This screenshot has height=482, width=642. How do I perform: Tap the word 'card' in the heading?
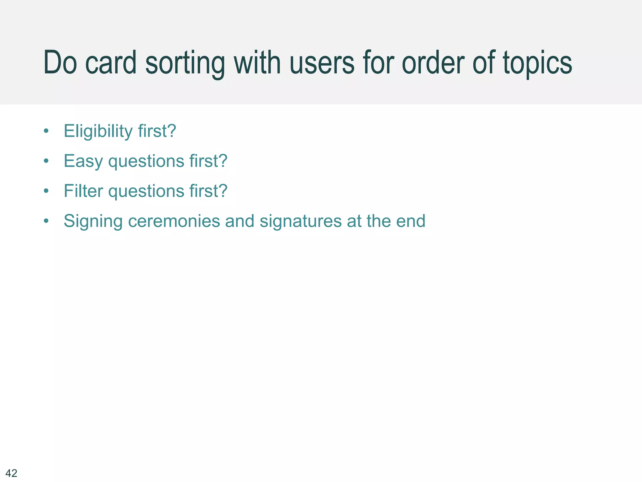pos(111,63)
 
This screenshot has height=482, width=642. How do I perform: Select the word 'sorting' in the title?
pos(185,64)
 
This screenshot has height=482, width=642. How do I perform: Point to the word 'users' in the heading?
pos(322,63)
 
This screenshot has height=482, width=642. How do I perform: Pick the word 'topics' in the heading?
pos(537,64)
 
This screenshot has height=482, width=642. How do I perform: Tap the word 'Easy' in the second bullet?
pos(83,161)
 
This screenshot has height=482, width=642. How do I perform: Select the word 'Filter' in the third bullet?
pos(83,191)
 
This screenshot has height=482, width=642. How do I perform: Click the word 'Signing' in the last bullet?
pos(93,221)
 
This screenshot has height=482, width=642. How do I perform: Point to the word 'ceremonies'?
pos(174,221)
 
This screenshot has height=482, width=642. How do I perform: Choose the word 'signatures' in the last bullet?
pos(301,221)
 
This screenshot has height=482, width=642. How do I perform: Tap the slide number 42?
pos(12,473)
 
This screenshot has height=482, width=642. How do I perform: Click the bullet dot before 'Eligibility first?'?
pos(46,131)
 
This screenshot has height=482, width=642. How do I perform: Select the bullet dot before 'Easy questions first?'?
pos(46,161)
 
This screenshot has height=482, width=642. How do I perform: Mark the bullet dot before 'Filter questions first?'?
pos(46,191)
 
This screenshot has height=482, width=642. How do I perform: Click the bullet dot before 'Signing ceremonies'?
pos(46,221)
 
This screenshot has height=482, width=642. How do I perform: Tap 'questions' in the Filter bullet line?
pos(146,191)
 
